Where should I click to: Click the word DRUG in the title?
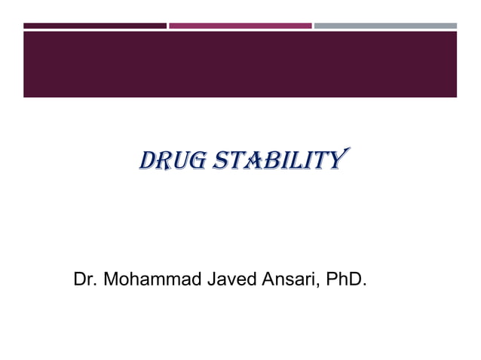coord(169,160)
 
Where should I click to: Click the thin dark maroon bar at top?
coord(94,26)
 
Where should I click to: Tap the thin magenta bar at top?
coord(240,26)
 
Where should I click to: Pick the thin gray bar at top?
coord(385,26)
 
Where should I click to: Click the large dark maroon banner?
coord(240,64)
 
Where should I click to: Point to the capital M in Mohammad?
coord(109,281)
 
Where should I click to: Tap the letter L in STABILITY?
coord(294,160)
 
